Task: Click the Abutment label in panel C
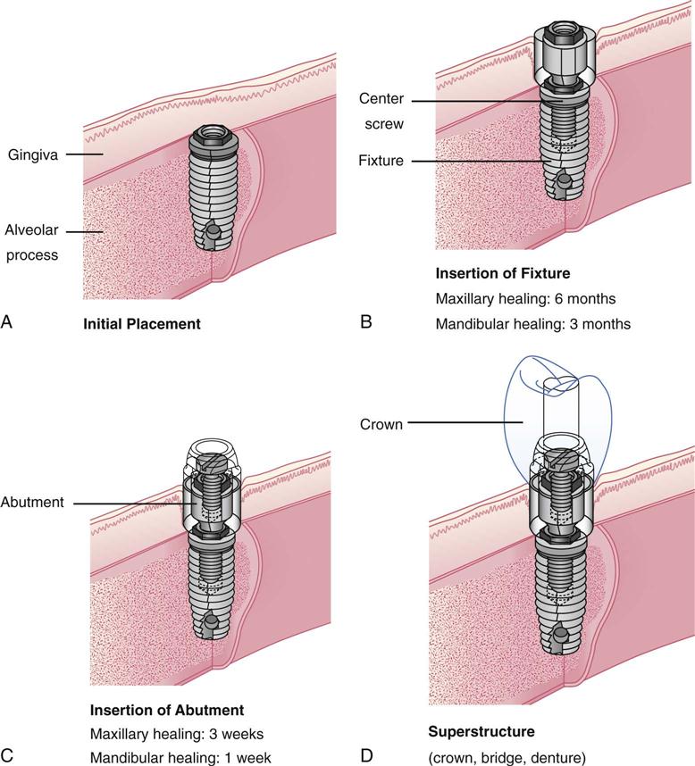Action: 33,503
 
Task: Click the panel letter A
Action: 8,323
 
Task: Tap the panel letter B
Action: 366,323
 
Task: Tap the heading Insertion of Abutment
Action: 167,711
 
